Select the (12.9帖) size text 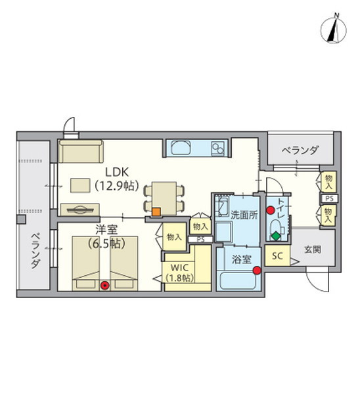tap(116, 186)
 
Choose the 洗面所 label tap(243, 214)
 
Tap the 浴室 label tap(242, 259)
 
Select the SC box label tap(277, 256)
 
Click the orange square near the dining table tap(156, 211)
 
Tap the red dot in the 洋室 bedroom tap(104, 284)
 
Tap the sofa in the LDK tap(79, 152)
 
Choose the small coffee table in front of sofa tap(81, 186)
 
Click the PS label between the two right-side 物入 tap(328, 197)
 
